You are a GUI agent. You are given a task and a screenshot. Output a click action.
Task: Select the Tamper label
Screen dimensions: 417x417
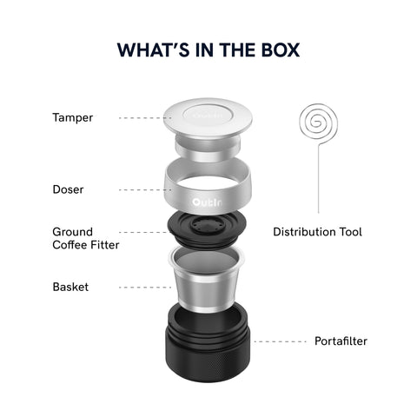73,117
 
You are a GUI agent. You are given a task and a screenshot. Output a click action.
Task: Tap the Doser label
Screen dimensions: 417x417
69,189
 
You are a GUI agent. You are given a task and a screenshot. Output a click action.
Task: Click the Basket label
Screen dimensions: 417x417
69,287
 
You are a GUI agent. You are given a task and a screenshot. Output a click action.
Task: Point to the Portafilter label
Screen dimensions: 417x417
340,341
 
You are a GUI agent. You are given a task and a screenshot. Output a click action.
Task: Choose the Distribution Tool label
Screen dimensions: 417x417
317,232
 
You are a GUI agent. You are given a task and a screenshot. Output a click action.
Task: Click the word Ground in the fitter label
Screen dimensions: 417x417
73,232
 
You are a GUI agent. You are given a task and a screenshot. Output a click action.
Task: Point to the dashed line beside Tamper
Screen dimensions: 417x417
139,117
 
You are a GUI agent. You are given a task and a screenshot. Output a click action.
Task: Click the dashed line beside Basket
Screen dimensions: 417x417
139,287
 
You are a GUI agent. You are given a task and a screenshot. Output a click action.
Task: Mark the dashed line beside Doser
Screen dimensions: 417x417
139,189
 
